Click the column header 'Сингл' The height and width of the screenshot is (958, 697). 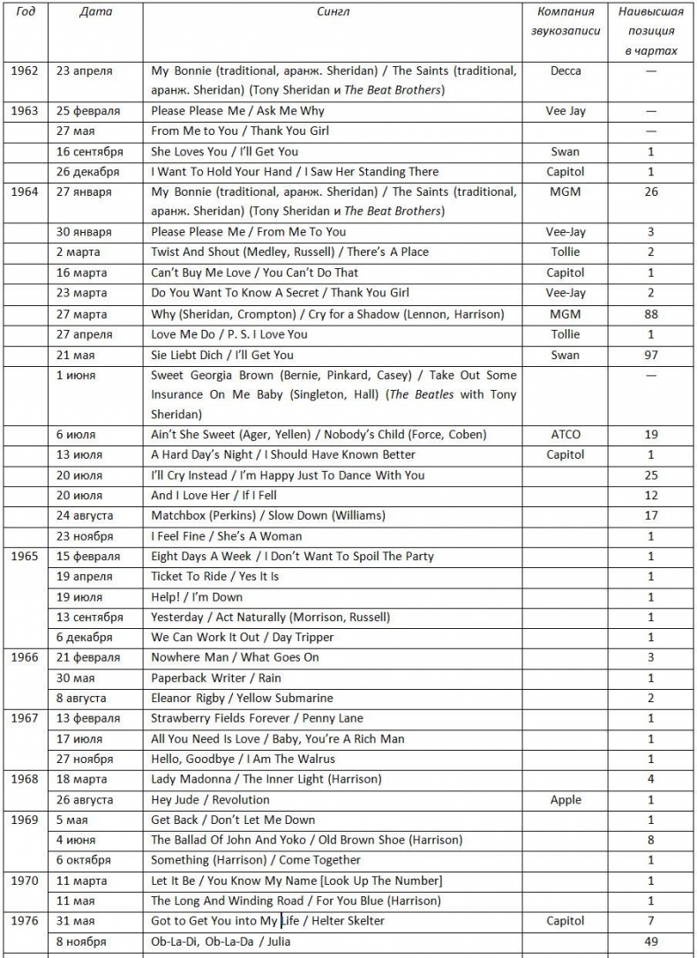point(333,12)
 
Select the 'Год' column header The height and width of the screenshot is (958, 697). point(26,12)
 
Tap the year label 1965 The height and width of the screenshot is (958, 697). point(26,557)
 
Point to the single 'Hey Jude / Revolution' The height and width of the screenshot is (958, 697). point(210,800)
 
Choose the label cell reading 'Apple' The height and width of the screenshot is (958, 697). point(566,800)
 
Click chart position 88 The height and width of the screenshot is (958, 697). point(651,314)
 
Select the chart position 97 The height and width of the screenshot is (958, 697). point(651,355)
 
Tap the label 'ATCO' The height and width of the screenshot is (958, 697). point(566,434)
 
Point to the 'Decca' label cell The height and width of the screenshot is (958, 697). point(566,71)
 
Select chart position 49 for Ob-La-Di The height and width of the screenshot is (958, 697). point(651,941)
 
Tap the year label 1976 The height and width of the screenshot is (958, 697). point(26,921)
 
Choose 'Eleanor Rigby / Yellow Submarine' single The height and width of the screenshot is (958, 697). point(242,699)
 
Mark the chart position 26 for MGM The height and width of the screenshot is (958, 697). point(651,191)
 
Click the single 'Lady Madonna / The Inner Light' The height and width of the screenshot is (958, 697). point(266,779)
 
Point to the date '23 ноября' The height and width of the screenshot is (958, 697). point(85,536)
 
